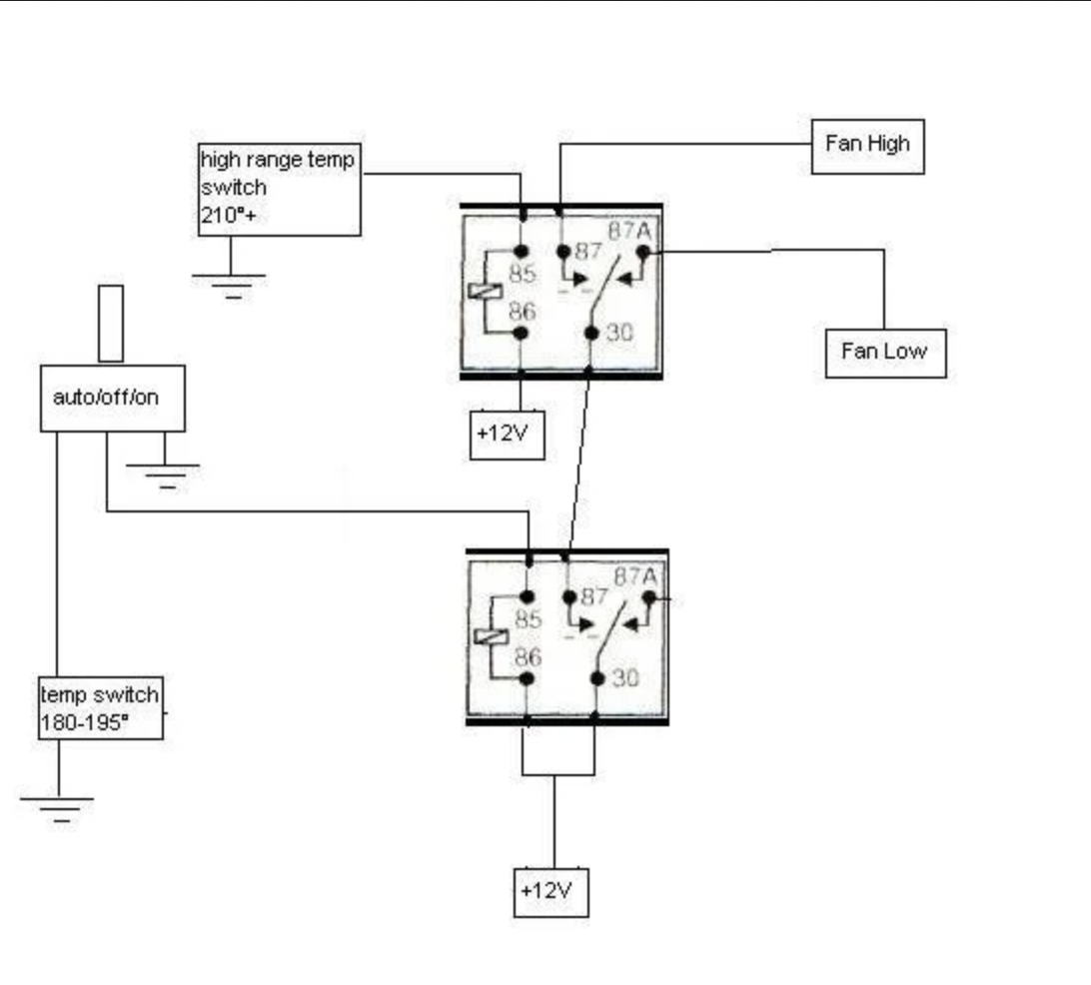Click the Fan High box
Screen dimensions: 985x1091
coord(867,147)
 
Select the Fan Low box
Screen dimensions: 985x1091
coord(885,352)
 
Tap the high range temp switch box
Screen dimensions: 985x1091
coord(279,190)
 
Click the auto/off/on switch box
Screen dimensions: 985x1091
coord(112,398)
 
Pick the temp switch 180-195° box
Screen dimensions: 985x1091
coord(100,708)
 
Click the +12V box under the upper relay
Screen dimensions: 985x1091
coord(508,435)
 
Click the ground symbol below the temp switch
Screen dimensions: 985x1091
coord(58,807)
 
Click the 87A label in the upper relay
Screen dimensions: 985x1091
coord(629,231)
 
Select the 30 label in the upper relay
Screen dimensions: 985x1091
coord(619,333)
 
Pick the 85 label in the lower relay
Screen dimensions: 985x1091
coord(528,619)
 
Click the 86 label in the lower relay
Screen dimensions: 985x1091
coord(527,657)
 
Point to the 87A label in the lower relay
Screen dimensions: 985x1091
coord(636,576)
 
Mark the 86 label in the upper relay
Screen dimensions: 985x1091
coord(523,312)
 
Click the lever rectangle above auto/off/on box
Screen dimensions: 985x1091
coord(111,323)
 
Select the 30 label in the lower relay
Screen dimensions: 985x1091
coord(625,677)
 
